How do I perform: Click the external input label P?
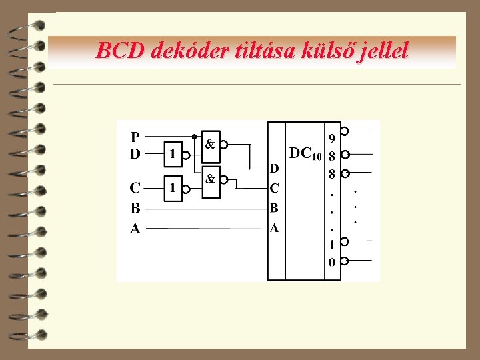click(x=135, y=137)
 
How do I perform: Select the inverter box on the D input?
click(x=173, y=154)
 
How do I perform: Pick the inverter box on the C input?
click(x=173, y=188)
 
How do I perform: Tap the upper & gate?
click(x=210, y=144)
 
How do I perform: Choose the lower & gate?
click(x=210, y=180)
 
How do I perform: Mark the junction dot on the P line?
click(x=194, y=137)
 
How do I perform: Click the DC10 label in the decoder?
click(x=305, y=153)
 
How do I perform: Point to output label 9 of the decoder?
click(x=332, y=139)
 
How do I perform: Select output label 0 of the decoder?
click(x=332, y=262)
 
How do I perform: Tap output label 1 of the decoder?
click(x=332, y=245)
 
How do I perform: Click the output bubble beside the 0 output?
click(x=345, y=261)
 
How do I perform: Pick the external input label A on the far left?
click(x=135, y=229)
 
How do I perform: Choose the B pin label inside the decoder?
click(x=274, y=208)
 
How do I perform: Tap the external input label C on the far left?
click(x=135, y=187)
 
